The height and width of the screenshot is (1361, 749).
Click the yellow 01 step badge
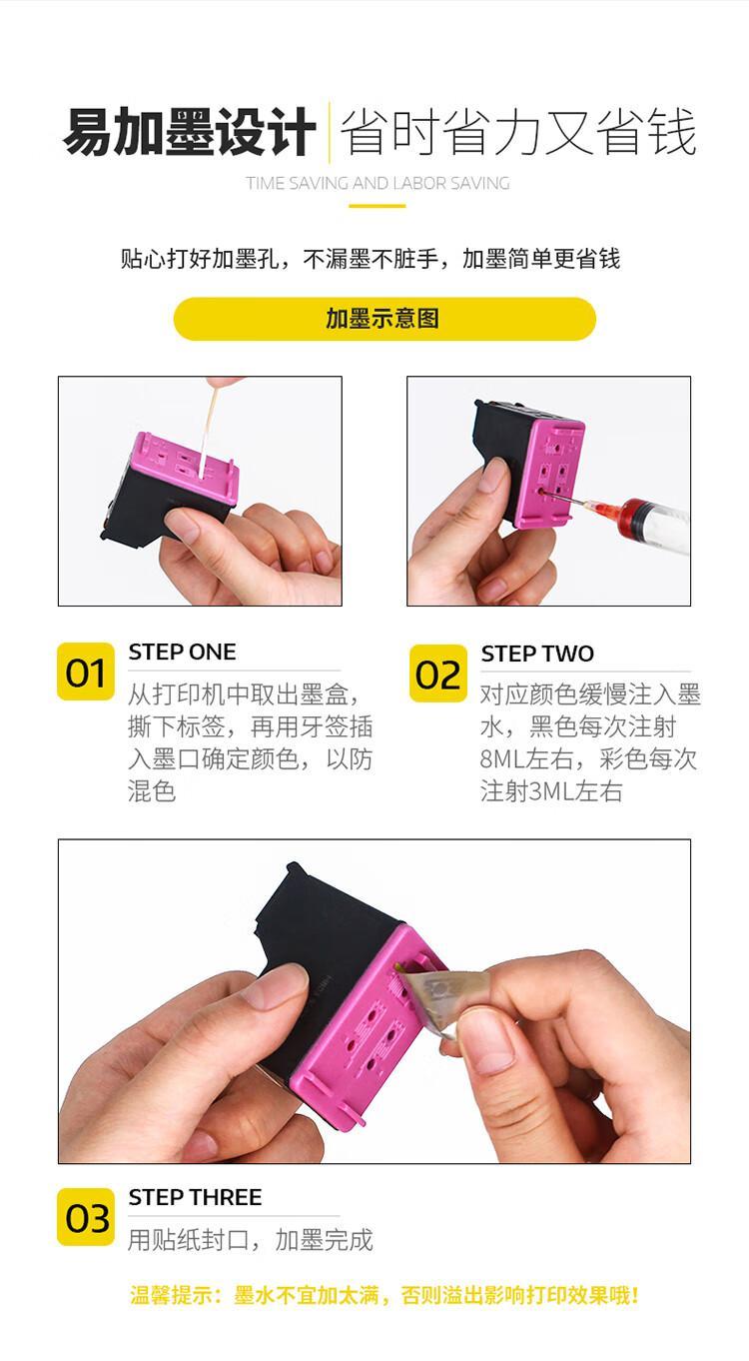click(x=86, y=672)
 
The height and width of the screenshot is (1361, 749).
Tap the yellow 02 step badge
click(x=438, y=674)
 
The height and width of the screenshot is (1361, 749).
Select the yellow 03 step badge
click(x=86, y=1216)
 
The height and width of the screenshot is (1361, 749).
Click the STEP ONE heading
click(x=182, y=652)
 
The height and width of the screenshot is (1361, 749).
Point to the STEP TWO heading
click(x=537, y=654)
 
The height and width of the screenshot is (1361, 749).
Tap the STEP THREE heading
click(x=195, y=1197)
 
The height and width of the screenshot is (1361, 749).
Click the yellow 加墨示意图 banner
click(x=383, y=319)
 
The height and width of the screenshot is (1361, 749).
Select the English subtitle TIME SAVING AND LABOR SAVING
click(x=377, y=183)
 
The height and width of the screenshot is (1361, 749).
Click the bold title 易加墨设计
click(x=189, y=132)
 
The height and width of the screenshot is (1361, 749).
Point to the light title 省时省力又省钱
click(x=518, y=132)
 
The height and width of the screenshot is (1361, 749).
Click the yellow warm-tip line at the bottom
click(x=383, y=1295)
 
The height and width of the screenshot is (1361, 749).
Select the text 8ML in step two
click(x=503, y=758)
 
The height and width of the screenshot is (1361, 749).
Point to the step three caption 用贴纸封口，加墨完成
click(x=251, y=1239)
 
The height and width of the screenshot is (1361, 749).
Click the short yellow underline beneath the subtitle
click(x=377, y=206)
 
